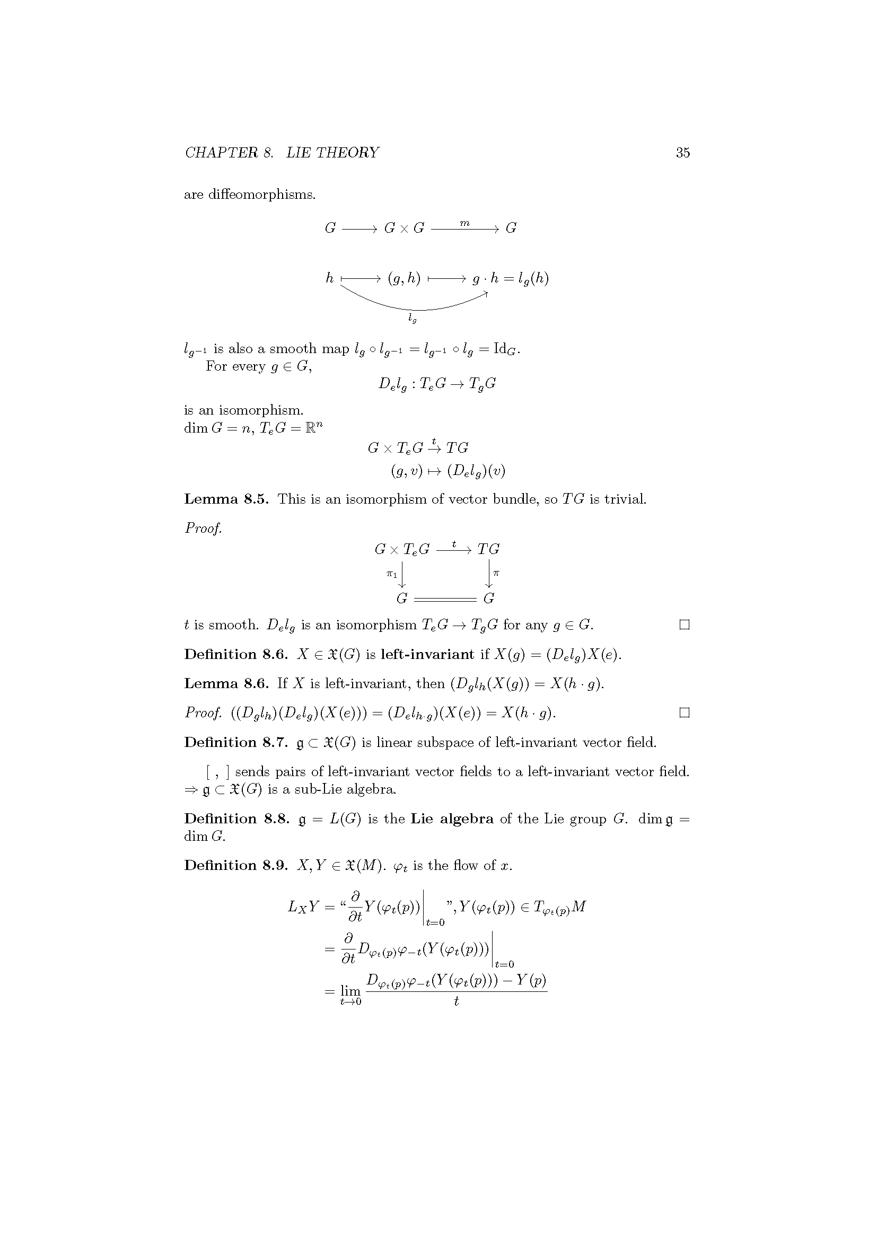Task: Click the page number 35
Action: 682,153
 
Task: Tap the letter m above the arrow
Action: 464,223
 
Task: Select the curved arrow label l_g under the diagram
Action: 413,318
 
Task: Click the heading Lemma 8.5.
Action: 226,499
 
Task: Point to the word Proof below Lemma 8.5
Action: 203,527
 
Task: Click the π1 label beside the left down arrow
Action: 391,574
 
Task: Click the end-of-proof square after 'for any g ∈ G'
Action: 684,625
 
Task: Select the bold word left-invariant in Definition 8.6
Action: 427,655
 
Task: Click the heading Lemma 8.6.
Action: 226,684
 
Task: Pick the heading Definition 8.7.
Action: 236,743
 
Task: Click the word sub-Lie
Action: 318,789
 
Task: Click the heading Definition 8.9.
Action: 236,866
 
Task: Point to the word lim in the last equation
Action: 350,990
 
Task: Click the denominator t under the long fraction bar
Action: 457,1001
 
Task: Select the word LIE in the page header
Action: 299,153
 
